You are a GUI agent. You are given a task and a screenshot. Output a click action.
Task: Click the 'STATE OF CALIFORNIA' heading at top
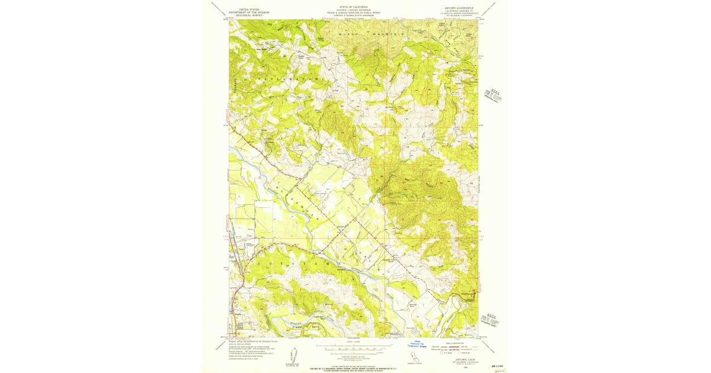(354, 7)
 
